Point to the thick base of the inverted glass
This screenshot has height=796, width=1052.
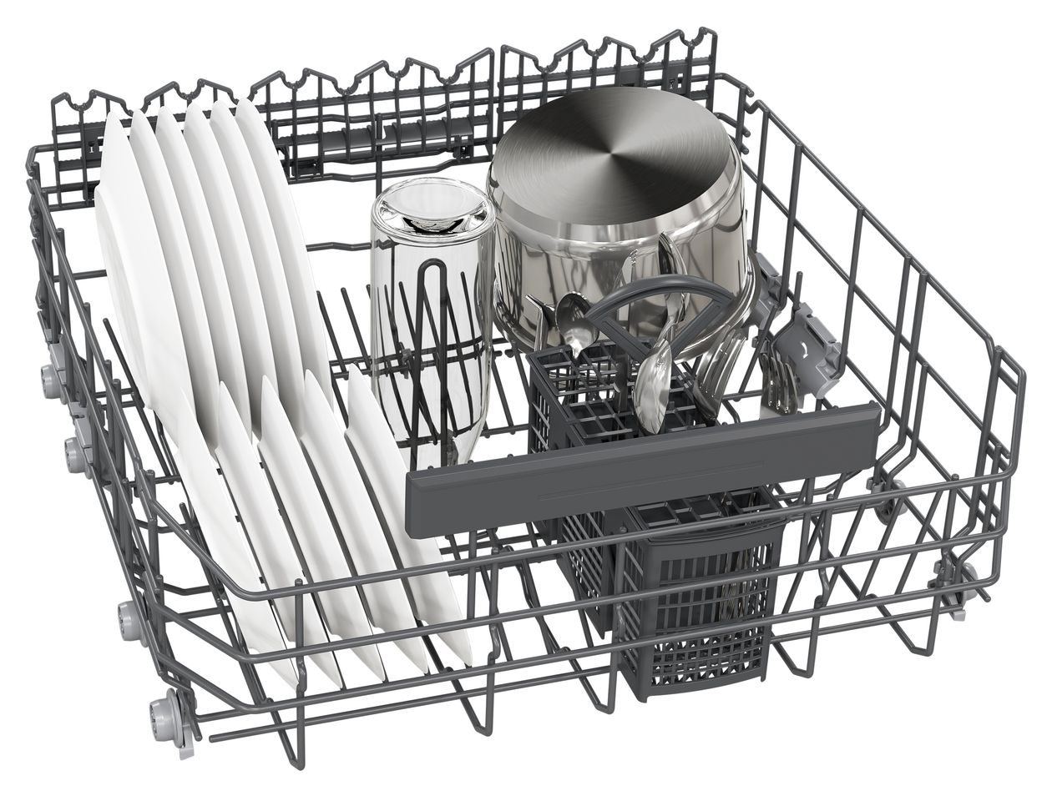(x=432, y=209)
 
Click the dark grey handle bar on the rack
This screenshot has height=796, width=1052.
(x=643, y=467)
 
